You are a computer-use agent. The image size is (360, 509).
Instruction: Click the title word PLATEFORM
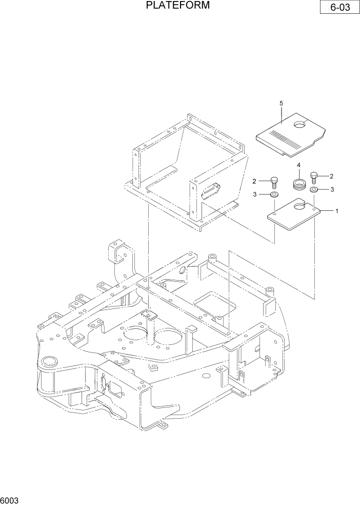coord(177,6)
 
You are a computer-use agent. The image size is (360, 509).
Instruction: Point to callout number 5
coord(281,104)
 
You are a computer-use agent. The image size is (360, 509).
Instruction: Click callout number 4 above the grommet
coord(298,165)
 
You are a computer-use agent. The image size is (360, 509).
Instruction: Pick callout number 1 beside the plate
coord(336,211)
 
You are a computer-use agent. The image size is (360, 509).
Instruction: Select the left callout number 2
coord(254,181)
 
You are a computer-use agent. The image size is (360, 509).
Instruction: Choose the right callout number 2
coord(332,176)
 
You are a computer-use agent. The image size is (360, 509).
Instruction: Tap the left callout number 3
coord(254,194)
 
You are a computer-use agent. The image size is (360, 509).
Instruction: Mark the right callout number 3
coord(332,189)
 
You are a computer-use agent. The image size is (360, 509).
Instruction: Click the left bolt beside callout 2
coord(274,183)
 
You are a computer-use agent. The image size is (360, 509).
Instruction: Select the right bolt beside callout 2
coord(314,178)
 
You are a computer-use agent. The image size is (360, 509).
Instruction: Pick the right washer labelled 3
coord(314,190)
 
